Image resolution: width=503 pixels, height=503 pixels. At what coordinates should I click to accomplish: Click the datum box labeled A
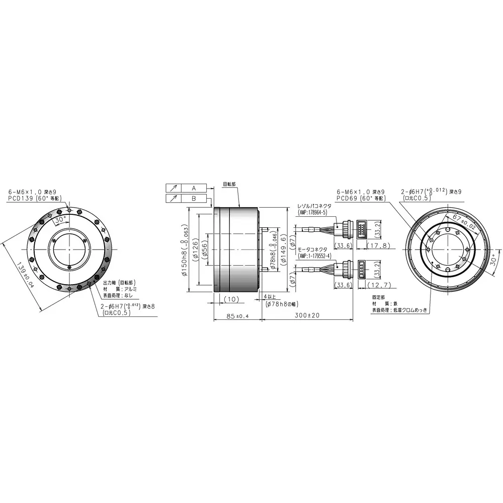tap(194, 188)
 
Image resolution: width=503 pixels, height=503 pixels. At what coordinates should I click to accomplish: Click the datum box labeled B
tap(194, 198)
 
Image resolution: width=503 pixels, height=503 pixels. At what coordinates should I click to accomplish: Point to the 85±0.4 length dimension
tap(235, 316)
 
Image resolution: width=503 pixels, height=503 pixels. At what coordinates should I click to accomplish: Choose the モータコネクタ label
tap(312, 249)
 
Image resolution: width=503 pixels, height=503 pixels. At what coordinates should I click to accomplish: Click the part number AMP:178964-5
tap(313, 212)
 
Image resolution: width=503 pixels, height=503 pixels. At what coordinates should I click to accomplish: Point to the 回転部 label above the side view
tap(229, 184)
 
